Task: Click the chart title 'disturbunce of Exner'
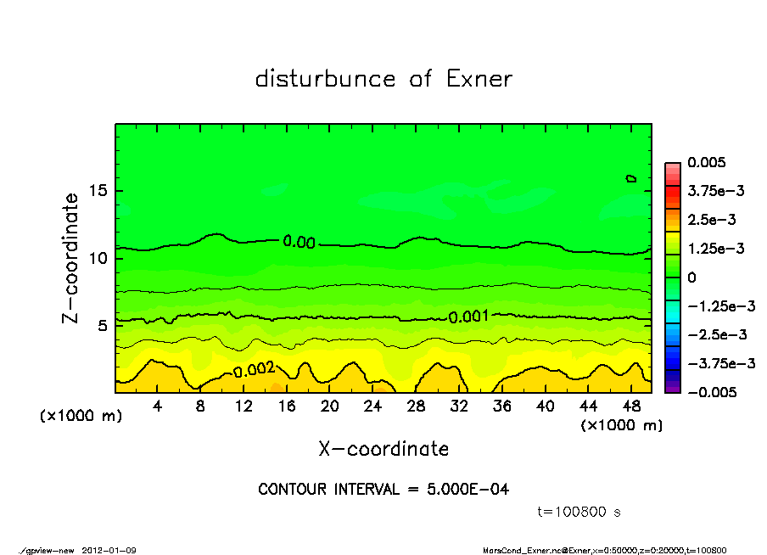383,79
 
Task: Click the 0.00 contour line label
299,243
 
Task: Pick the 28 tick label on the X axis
416,406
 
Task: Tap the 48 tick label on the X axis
630,406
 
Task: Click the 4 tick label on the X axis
158,406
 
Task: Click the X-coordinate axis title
383,448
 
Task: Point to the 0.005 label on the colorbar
708,162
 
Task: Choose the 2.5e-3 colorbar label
711,220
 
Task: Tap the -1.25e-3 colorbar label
715,306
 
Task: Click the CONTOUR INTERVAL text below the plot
383,490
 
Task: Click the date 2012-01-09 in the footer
109,550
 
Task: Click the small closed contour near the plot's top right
630,177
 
